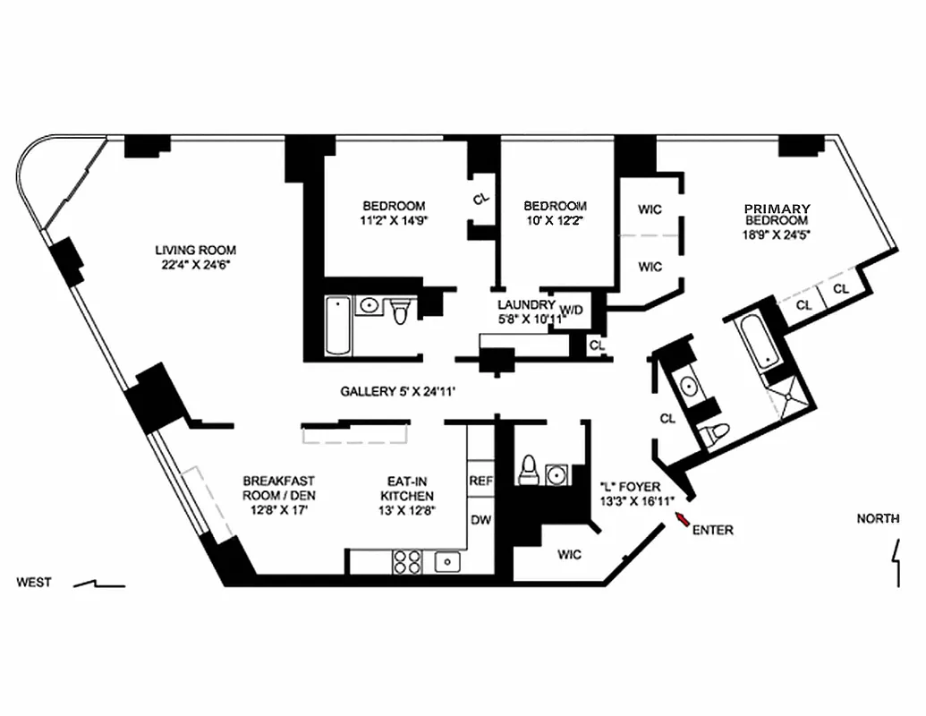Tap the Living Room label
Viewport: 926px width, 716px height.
(195, 251)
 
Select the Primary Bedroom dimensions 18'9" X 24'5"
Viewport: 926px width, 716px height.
(777, 235)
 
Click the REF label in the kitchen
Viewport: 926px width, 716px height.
(480, 481)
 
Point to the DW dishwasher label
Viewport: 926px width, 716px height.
(480, 519)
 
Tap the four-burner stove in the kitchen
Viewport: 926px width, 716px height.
(407, 561)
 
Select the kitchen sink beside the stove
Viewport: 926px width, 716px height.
(446, 561)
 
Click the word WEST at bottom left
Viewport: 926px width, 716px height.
(34, 583)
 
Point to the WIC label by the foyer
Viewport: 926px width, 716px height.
(569, 555)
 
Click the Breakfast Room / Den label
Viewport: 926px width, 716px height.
(278, 488)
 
